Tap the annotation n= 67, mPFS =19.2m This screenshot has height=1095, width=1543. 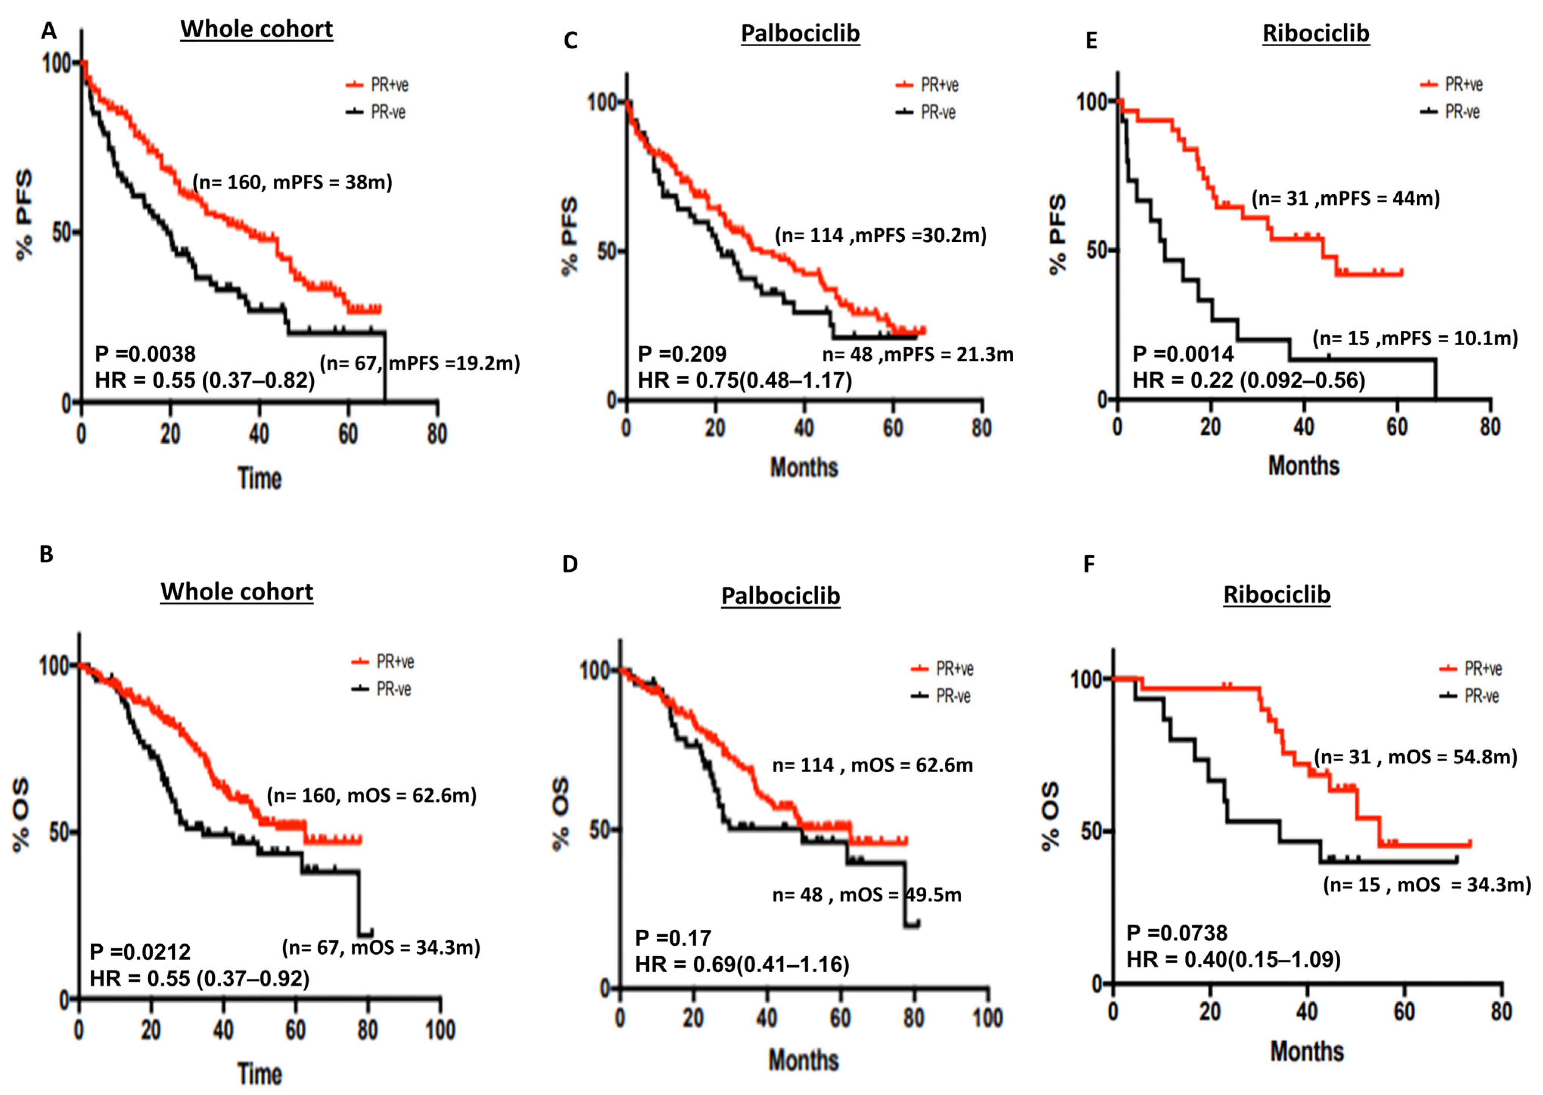coord(419,364)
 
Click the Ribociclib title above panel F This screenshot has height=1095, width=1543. coord(1276,594)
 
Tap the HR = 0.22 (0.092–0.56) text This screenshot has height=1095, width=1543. coord(1248,381)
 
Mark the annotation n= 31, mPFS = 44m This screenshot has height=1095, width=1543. coord(1345,199)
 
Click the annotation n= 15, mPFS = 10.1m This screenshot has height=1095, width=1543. coord(1415,338)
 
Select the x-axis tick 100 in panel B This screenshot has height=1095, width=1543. coord(440,1030)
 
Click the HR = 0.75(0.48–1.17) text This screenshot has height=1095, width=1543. coord(744,381)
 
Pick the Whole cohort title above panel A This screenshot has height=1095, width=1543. coord(256,29)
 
